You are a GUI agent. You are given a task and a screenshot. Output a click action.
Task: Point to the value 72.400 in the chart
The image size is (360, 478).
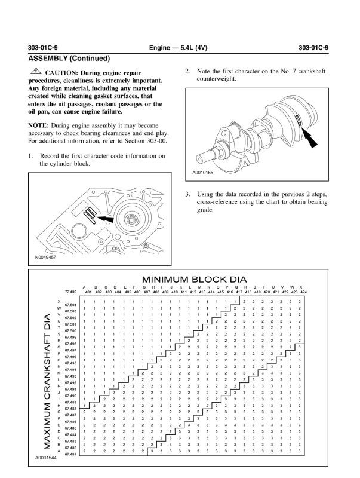coord(71,292)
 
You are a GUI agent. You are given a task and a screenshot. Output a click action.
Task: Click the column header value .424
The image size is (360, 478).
coord(304,292)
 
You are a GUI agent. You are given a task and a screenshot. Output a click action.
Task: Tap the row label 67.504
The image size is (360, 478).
coord(70,305)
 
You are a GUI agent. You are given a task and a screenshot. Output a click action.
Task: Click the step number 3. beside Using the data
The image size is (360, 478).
coord(187,194)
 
